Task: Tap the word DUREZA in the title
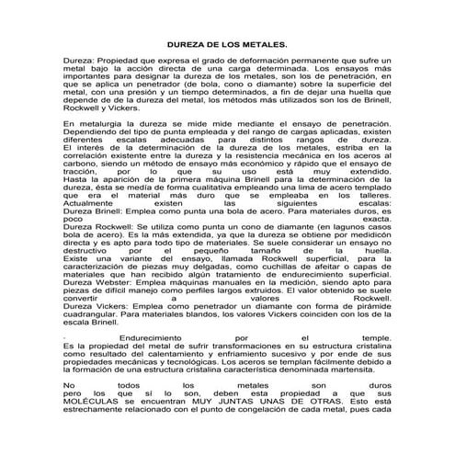(x=188, y=44)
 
